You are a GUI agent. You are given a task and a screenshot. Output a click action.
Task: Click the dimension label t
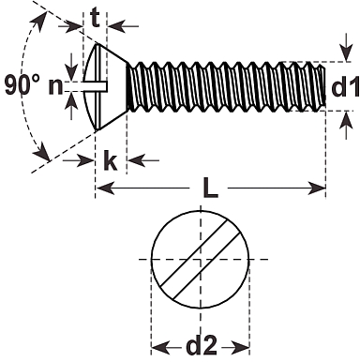tap(96, 19)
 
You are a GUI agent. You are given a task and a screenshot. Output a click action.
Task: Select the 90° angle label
tap(22, 84)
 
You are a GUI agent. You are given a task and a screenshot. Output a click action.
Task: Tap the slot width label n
tap(55, 86)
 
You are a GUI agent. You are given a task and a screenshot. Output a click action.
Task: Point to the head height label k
tap(110, 160)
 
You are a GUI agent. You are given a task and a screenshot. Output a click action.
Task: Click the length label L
tap(210, 189)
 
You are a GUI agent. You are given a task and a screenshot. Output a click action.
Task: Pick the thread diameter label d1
tap(344, 86)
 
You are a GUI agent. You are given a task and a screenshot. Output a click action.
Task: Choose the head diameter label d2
tap(202, 345)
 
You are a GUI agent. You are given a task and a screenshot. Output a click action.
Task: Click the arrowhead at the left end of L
tap(105, 189)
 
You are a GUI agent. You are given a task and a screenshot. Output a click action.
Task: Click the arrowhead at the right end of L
tap(317, 189)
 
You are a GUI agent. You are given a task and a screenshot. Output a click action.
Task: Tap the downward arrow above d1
tap(346, 47)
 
